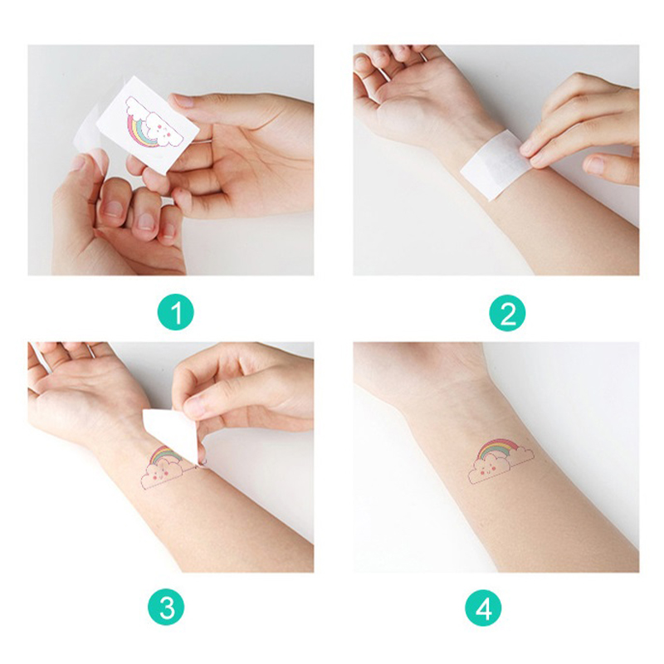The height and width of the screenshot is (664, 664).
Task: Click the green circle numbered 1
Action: pos(175,313)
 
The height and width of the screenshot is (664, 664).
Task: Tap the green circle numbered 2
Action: pos(507,313)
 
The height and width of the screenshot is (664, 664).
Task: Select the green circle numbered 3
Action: pos(167,608)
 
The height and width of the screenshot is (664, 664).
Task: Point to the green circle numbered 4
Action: pos(483,608)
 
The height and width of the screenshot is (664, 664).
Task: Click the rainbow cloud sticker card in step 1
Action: pos(148,124)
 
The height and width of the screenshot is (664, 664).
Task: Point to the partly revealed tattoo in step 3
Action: pos(168,467)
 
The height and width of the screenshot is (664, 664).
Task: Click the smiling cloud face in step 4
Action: pos(488,470)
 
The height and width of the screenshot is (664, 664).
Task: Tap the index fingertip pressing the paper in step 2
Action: pos(529,149)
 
